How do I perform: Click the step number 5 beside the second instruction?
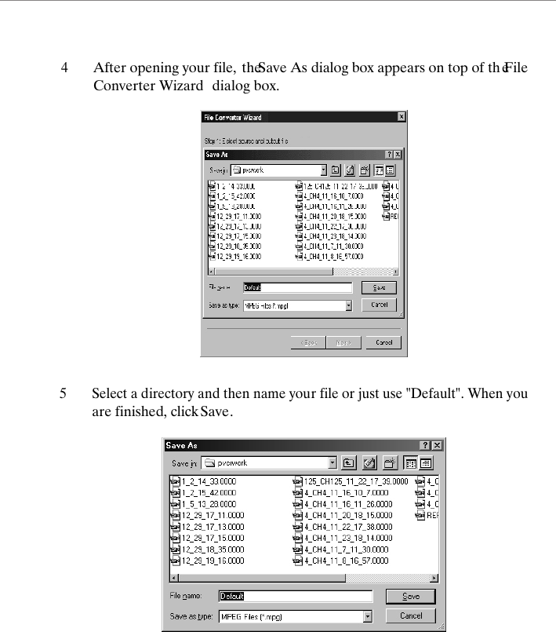(64, 393)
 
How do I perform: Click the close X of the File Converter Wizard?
(401, 117)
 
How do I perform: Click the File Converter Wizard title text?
(233, 117)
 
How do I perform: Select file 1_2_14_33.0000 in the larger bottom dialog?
(208, 480)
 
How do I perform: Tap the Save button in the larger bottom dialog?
(411, 597)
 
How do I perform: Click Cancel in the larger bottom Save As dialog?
(411, 616)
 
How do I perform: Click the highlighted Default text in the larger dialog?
(231, 597)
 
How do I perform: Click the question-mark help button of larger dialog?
(425, 445)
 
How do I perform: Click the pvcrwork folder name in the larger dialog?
(233, 463)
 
